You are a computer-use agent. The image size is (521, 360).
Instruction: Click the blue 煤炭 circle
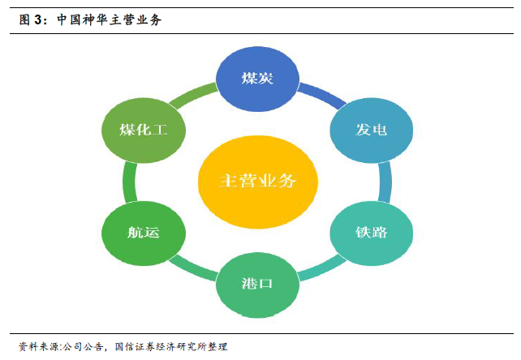257,79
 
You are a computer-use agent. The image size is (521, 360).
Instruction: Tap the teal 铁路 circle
371,233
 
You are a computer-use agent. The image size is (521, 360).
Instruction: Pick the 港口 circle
257,284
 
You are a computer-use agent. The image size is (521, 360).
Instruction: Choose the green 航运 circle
143,233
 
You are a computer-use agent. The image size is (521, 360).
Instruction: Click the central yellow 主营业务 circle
257,180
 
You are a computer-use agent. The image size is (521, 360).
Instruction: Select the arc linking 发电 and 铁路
385,181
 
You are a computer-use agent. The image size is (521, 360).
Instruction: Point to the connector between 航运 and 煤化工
129,181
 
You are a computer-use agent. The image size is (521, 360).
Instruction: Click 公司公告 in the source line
84,346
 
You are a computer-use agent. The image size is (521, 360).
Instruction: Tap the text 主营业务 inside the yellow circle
257,180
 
